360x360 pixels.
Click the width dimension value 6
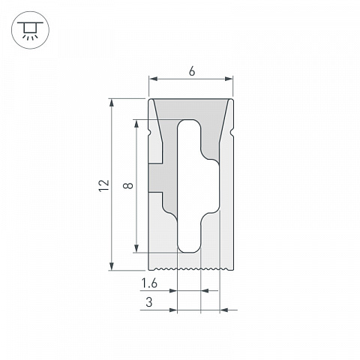pyautogui.click(x=192, y=71)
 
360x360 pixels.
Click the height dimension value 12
pyautogui.click(x=104, y=185)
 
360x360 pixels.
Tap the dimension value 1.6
pyautogui.click(x=149, y=283)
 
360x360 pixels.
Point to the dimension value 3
pyautogui.click(x=149, y=302)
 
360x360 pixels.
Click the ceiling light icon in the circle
pyautogui.click(x=30, y=30)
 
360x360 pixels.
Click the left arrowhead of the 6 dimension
pyautogui.click(x=153, y=79)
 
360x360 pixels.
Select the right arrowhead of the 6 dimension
pyautogui.click(x=229, y=79)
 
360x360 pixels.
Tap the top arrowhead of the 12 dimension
pyautogui.click(x=112, y=103)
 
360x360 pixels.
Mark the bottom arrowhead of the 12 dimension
pyautogui.click(x=112, y=266)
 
